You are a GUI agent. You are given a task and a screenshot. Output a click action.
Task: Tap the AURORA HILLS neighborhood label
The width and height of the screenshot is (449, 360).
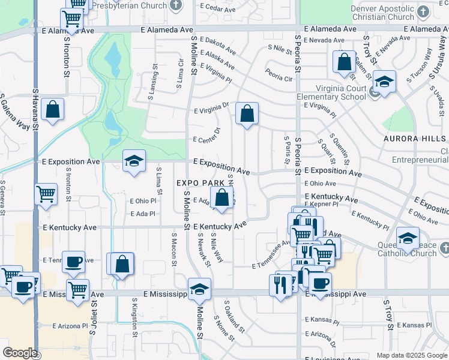point(415,139)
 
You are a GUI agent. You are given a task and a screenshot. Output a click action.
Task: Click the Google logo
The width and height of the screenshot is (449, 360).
point(20,353)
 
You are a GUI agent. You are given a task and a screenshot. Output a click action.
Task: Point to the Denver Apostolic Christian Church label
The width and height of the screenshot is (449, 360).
point(382,13)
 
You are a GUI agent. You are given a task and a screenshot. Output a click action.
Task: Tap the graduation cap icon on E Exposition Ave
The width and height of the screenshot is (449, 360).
point(134,161)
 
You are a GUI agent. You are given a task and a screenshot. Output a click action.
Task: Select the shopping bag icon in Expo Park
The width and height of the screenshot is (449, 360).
point(222,197)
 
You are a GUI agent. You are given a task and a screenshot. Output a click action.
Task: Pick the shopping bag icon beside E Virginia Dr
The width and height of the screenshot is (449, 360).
point(247,113)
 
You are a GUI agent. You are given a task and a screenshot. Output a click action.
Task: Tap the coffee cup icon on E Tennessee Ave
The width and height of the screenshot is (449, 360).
point(73,262)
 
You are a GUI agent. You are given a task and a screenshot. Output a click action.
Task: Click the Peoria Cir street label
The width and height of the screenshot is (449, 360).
point(279,78)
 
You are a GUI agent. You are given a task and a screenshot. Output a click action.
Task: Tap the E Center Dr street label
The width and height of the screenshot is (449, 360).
point(207,134)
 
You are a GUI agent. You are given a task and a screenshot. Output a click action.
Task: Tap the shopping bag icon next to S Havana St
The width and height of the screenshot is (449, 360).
point(53,110)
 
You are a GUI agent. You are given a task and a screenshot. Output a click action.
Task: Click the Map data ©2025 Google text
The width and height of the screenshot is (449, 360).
point(411,355)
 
